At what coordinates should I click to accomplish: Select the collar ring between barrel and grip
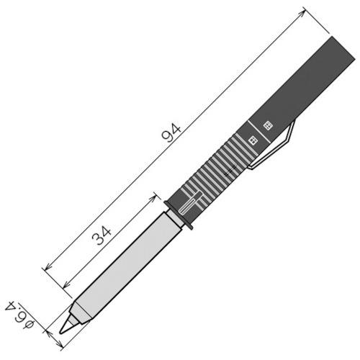pos(180,215)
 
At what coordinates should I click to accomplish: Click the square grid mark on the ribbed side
pos(252,138)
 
